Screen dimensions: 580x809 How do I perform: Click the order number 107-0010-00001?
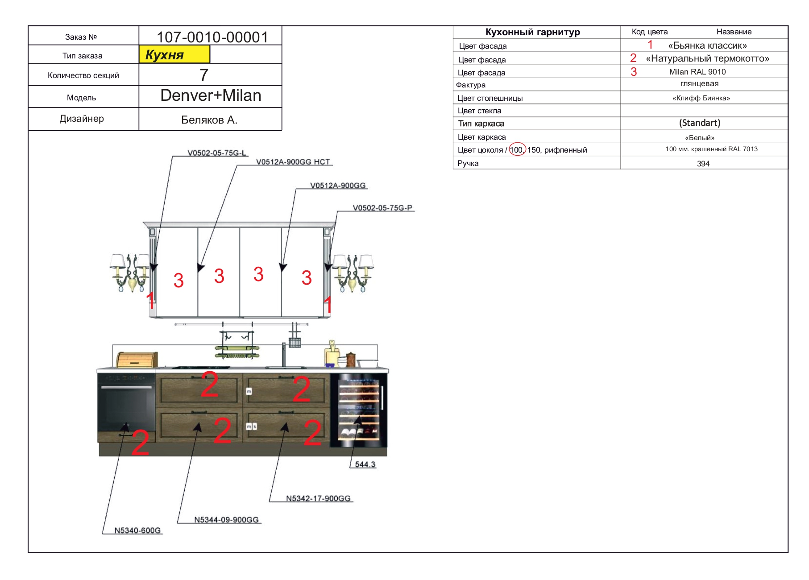tap(212, 37)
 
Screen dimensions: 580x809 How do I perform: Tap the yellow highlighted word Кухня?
tap(165, 55)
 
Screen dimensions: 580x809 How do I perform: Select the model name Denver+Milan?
tap(211, 95)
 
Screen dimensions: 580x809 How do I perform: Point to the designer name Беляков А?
tap(209, 120)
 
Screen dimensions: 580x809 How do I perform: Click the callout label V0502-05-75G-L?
tap(217, 153)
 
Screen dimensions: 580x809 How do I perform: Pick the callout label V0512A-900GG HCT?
tap(293, 162)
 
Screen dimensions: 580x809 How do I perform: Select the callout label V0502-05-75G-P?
tap(382, 208)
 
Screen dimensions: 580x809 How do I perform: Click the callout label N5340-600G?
tap(137, 530)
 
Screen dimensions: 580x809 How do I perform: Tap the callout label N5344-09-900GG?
tap(226, 520)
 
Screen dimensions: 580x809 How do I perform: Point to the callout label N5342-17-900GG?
tap(318, 498)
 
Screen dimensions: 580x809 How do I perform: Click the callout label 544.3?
tap(365, 464)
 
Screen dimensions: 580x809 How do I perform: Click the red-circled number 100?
tap(517, 150)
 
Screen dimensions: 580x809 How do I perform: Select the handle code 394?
tap(703, 164)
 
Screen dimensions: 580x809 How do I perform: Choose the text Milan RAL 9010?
tap(697, 72)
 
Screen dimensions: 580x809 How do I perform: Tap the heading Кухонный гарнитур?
tap(532, 32)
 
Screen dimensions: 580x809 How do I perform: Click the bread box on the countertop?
tap(137, 360)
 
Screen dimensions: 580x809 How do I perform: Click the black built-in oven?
tap(126, 404)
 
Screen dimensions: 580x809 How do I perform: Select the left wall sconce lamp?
tap(130, 272)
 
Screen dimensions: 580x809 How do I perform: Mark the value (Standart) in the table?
tap(699, 123)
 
